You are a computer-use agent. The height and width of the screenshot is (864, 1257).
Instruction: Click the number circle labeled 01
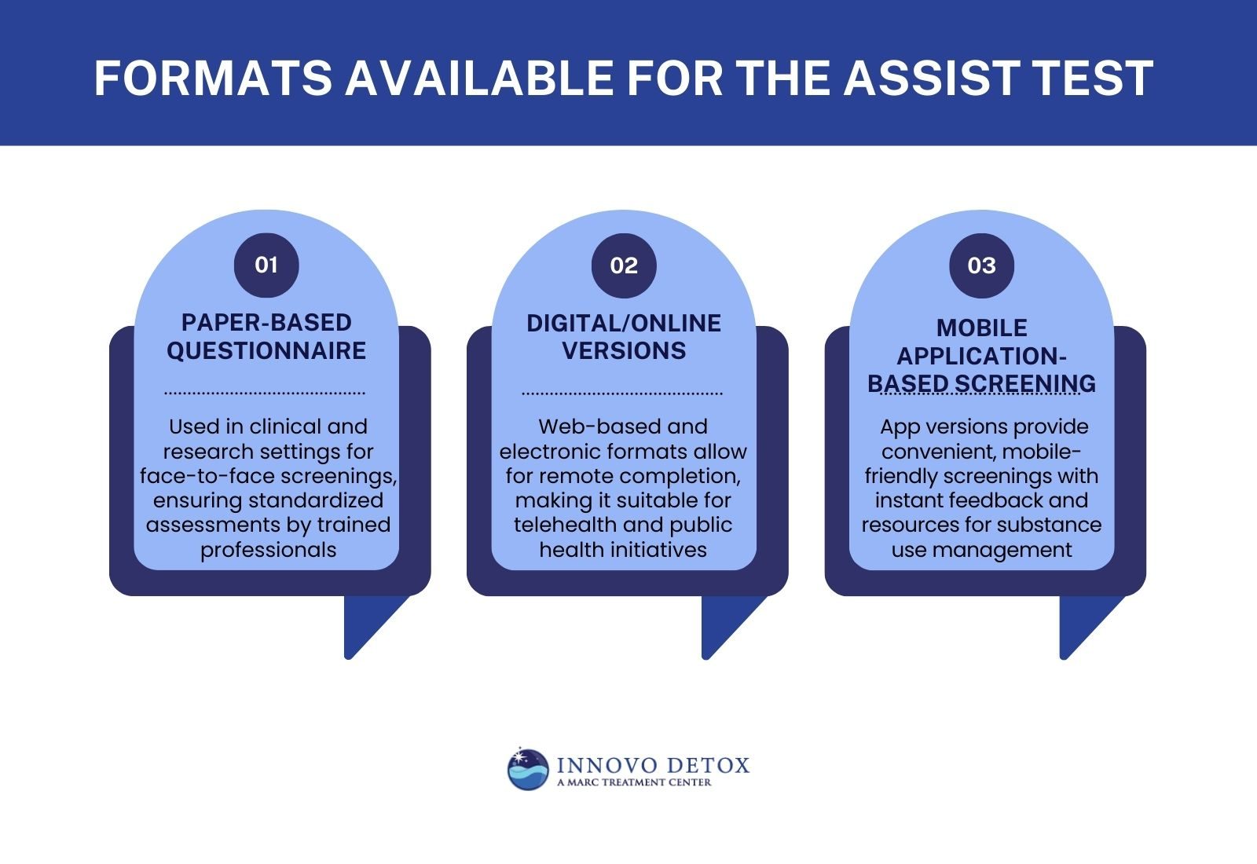266,265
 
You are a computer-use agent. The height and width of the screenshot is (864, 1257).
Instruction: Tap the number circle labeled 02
624,265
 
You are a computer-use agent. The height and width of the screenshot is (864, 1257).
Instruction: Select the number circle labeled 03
981,265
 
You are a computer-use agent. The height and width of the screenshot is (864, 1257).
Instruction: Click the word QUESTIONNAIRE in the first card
266,350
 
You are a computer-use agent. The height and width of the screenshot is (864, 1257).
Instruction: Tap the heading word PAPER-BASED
266,322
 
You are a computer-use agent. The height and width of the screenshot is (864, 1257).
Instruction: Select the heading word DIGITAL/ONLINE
624,323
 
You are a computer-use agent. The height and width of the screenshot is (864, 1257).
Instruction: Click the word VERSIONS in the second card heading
624,350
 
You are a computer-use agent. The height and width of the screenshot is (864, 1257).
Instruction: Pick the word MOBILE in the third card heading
981,328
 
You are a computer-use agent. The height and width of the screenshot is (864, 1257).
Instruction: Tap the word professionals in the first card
268,549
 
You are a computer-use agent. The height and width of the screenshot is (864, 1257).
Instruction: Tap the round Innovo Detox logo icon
528,769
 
